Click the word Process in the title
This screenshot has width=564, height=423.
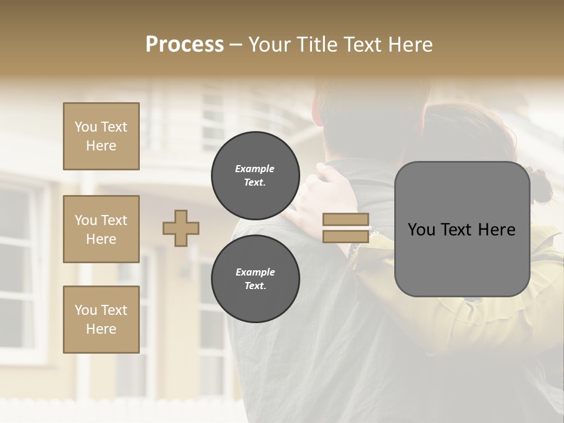coord(184,45)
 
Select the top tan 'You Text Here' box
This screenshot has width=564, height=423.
coord(101,136)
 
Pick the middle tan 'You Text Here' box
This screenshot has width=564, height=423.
coord(101,229)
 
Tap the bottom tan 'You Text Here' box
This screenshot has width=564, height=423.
coord(101,320)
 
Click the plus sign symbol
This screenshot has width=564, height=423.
coord(181,228)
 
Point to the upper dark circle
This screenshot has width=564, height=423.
coord(255,175)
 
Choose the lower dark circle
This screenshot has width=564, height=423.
coord(255,278)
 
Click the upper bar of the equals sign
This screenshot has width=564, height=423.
coord(346,220)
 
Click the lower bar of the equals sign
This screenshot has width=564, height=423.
coord(346,236)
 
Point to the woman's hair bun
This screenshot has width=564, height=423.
coord(539,183)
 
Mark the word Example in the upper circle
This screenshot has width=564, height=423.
coord(255,169)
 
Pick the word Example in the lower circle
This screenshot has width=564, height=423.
coord(255,272)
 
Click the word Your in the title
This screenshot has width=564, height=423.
coord(268,45)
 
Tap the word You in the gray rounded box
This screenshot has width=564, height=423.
coord(421,230)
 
